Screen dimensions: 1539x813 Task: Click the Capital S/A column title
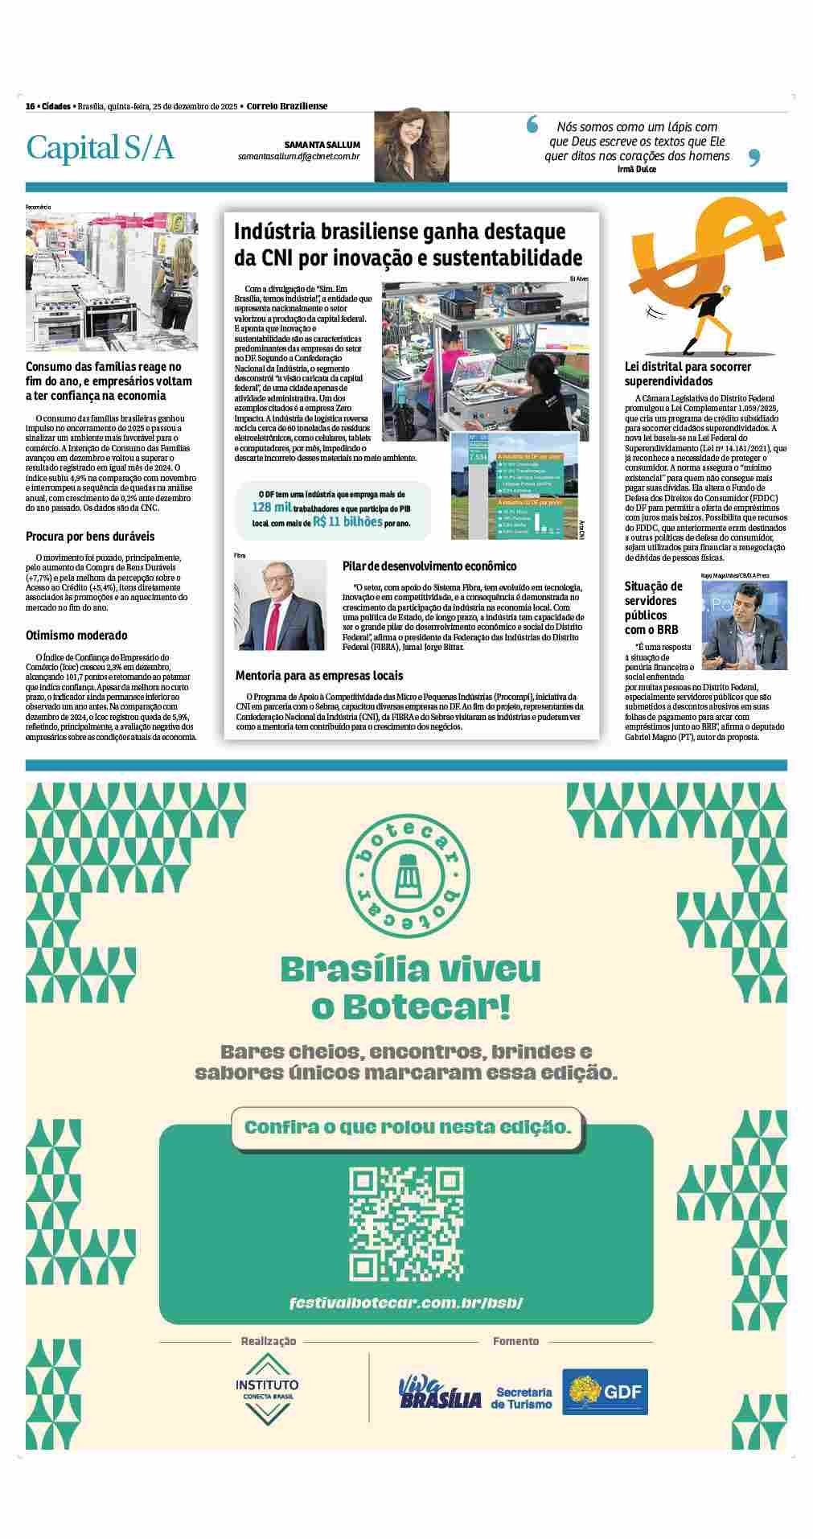(x=101, y=148)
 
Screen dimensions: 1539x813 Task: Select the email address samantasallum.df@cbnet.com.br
(x=298, y=155)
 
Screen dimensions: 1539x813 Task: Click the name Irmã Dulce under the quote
(x=637, y=169)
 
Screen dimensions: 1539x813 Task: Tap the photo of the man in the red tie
(x=280, y=605)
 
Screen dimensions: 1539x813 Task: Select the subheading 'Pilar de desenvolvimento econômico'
(x=429, y=566)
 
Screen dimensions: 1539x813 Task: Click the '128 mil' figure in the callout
(x=270, y=507)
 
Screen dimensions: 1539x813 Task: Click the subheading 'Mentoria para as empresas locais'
(x=318, y=675)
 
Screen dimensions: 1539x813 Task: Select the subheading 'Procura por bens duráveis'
(x=90, y=536)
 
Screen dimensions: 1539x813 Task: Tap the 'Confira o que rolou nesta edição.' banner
(x=408, y=1127)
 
